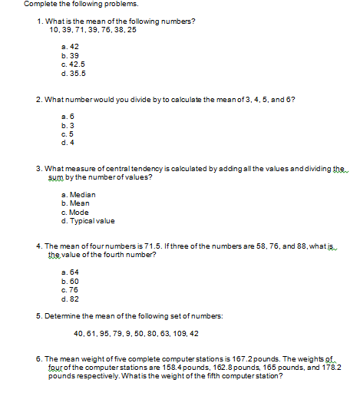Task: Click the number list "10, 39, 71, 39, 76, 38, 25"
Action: pos(92,29)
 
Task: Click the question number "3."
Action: pos(39,167)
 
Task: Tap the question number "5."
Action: pos(39,316)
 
